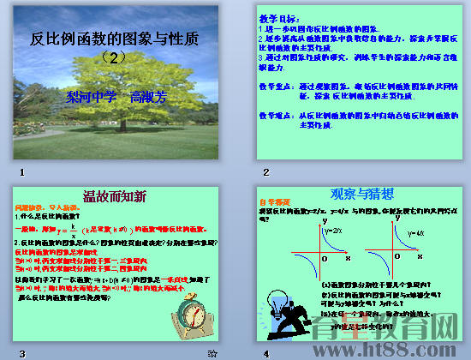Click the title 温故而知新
click(114, 195)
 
